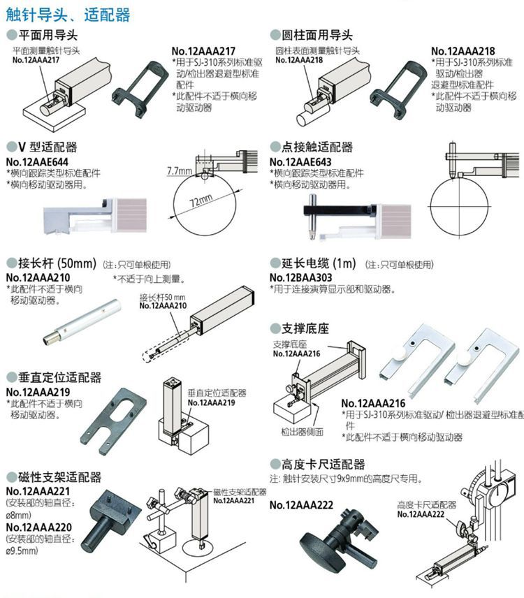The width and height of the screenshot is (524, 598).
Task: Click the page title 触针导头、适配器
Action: tap(68, 13)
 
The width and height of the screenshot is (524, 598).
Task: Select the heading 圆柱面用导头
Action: tap(316, 35)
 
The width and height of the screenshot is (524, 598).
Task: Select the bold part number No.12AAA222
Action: tap(301, 505)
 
